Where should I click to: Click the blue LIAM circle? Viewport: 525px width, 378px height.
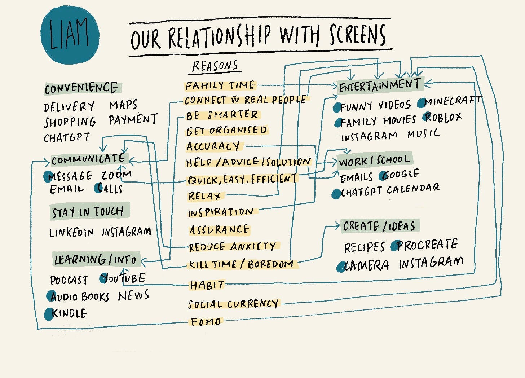click(x=70, y=35)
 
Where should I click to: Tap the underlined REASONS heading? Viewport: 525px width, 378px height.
click(x=215, y=66)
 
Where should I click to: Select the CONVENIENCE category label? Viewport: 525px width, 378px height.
click(x=83, y=88)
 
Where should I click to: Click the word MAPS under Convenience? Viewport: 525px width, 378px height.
click(x=123, y=105)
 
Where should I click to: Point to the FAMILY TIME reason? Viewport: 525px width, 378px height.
click(x=220, y=85)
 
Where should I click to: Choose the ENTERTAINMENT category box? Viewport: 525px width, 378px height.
click(x=381, y=86)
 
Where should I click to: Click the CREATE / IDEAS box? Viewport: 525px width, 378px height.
click(x=380, y=226)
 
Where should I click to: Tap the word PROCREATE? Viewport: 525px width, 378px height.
click(x=427, y=245)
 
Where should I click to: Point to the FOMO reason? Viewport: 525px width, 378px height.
click(x=206, y=321)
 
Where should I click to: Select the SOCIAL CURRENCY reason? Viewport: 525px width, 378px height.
click(x=233, y=304)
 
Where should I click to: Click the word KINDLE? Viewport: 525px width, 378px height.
click(x=69, y=313)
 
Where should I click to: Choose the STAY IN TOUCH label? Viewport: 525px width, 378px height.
click(x=89, y=211)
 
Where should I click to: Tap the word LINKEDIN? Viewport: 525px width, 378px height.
click(x=71, y=233)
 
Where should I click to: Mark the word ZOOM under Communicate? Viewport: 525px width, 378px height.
click(x=116, y=175)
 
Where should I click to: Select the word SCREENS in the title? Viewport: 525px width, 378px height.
click(x=358, y=35)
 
